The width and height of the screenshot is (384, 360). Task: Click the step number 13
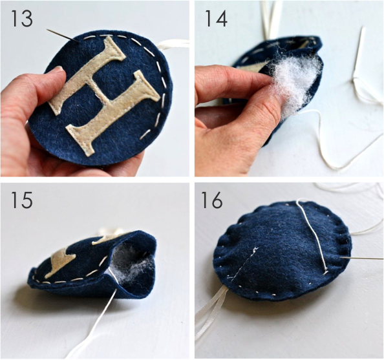point(21,19)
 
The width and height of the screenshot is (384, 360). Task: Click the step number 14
point(216,19)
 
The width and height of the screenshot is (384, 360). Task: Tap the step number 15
point(21,200)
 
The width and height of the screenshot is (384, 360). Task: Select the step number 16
point(212,200)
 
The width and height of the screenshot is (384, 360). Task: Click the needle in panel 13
point(63,36)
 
